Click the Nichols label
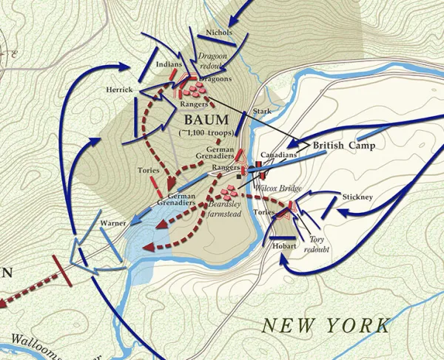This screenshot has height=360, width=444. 219,33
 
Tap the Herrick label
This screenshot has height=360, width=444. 118,89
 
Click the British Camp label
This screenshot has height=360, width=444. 343,146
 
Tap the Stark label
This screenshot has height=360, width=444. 263,111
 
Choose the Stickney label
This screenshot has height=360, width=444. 357,197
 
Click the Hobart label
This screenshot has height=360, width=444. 283,245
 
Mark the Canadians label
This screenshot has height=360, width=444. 280,156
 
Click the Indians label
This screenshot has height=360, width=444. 169,65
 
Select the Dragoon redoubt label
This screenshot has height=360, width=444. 215,61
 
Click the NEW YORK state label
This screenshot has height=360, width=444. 326,325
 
